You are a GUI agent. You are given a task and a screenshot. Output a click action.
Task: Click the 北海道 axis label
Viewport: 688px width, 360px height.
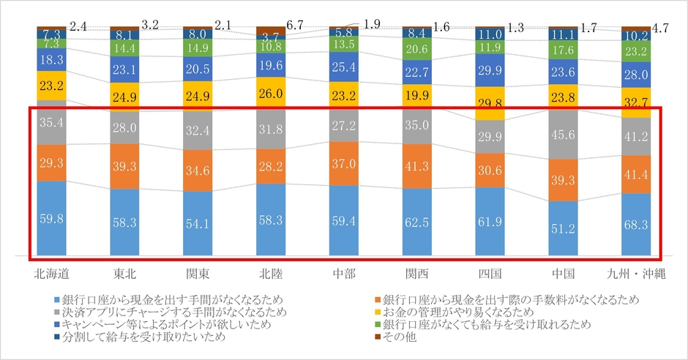point(51,275)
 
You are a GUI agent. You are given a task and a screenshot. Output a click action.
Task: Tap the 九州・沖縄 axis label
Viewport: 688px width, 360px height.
point(637,275)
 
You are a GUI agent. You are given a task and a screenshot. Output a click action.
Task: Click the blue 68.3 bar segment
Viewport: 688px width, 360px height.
point(637,225)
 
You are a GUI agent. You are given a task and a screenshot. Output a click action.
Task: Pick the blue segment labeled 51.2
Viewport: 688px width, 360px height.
point(564,228)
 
